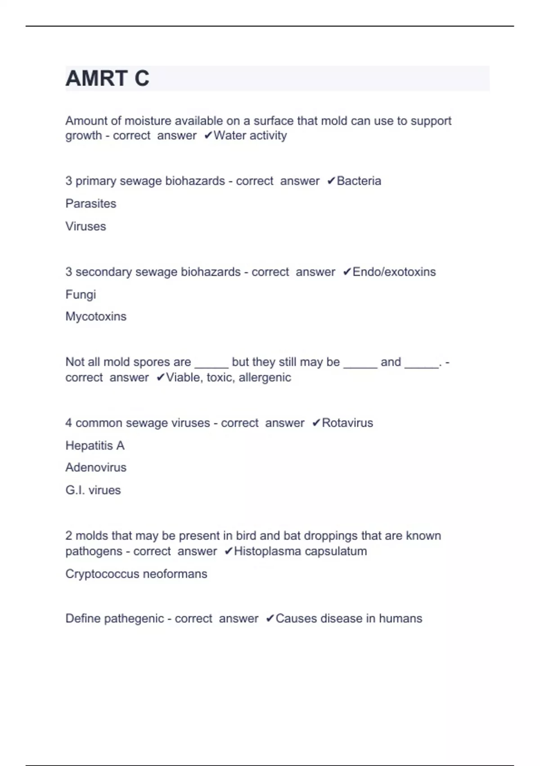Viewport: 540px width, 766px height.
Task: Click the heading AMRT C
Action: (107, 78)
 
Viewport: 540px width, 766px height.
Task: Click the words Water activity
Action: (250, 136)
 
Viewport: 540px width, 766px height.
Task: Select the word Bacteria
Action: (359, 181)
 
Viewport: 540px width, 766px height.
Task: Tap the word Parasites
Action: (91, 204)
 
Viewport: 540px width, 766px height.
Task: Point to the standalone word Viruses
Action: (85, 226)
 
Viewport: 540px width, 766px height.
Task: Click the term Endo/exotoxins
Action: (394, 272)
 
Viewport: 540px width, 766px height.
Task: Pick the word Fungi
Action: (81, 295)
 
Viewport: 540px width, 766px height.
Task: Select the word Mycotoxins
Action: (96, 317)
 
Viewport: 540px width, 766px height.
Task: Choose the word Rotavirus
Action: (347, 423)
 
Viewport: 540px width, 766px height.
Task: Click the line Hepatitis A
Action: (95, 446)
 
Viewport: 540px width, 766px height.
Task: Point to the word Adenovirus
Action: (96, 468)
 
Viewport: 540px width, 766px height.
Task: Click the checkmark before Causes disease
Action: (270, 619)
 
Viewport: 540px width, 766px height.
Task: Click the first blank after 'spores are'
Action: (211, 365)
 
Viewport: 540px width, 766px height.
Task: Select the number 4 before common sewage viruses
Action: (68, 423)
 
